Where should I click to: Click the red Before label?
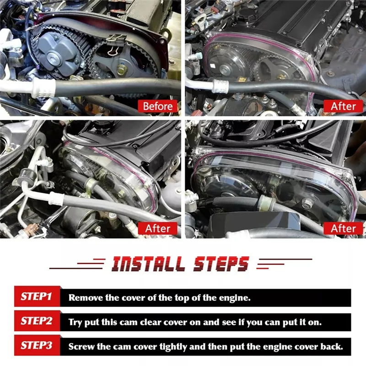[x=158, y=106]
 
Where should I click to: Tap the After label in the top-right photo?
[x=343, y=106]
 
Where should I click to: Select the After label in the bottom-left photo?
[x=158, y=228]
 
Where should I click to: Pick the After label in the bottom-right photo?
[x=343, y=228]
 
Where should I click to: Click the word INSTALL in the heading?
[x=148, y=264]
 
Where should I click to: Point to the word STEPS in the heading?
[x=221, y=264]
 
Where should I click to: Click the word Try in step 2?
[x=75, y=322]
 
